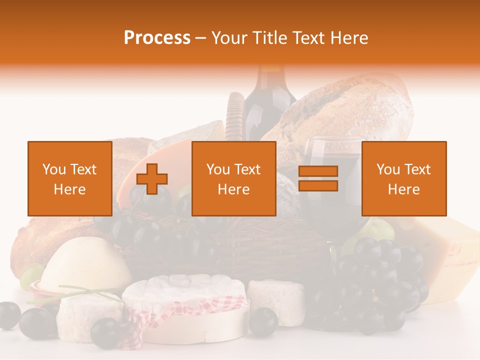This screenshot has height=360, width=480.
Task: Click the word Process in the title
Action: coord(157,38)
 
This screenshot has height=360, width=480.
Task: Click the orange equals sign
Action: coord(318,179)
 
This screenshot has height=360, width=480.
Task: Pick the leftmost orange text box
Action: coord(69,178)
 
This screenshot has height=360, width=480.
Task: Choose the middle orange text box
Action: coord(233,178)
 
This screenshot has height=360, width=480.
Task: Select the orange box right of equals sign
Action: coord(403,178)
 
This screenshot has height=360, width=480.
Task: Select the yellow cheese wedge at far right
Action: coord(450,260)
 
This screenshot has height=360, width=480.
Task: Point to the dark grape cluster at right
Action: coord(380,280)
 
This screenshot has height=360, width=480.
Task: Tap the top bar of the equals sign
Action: coord(318,171)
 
